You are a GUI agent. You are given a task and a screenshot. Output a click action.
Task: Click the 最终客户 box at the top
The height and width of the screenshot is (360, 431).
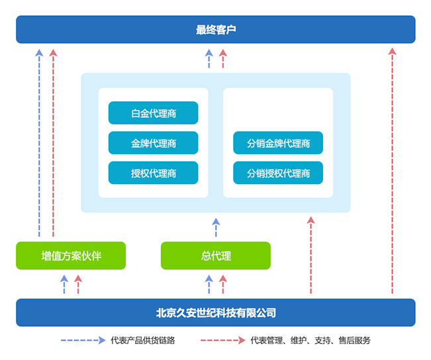(215, 30)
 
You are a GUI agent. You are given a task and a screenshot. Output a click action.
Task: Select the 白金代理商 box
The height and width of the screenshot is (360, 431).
(153, 113)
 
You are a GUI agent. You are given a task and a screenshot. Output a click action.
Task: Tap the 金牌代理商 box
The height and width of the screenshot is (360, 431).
(153, 143)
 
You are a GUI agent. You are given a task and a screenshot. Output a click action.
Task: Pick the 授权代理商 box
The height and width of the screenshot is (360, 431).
(153, 173)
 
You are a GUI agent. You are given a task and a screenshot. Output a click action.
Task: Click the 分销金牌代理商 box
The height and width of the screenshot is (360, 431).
(278, 143)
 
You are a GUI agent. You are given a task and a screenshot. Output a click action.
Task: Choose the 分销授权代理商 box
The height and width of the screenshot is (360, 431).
(278, 173)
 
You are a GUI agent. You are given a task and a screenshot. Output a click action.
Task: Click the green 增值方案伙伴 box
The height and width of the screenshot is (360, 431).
(71, 255)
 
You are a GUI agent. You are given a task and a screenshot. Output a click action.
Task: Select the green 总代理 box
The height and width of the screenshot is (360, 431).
(215, 255)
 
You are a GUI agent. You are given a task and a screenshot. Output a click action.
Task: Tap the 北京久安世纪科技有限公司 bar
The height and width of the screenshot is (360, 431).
(215, 312)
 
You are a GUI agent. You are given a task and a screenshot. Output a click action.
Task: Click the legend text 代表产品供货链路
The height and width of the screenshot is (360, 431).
(143, 341)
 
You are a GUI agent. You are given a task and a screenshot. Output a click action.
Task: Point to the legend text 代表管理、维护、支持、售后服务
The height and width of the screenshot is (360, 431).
(311, 341)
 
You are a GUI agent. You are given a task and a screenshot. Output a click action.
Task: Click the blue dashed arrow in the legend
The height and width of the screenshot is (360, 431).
(83, 341)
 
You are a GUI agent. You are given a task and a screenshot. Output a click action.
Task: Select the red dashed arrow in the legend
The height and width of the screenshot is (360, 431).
(222, 341)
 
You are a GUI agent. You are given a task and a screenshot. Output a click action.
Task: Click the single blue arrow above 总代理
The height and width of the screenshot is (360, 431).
(215, 227)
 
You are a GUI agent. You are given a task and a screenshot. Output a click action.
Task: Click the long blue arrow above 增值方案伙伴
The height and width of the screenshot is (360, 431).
(39, 143)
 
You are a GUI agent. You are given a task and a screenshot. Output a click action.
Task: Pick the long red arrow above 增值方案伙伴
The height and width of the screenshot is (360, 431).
(54, 143)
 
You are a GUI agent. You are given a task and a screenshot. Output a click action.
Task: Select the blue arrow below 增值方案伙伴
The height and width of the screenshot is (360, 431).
(64, 284)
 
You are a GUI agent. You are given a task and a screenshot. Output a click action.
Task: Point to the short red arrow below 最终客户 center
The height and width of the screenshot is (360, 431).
(223, 59)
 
